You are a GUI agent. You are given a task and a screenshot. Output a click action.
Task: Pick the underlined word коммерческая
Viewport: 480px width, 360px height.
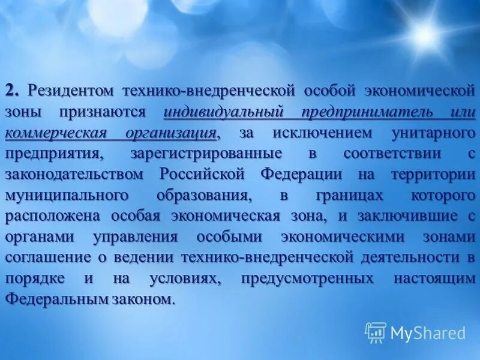[x=47, y=133]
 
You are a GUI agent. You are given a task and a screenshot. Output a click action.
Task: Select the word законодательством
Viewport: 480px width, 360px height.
[x=74, y=175]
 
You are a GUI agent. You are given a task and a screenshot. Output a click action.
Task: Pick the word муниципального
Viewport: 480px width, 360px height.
[x=67, y=196]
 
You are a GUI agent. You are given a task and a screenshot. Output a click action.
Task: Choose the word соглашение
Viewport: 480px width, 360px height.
[x=49, y=258]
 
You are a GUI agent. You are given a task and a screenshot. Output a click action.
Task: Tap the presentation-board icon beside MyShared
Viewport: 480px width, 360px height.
[x=376, y=332]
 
